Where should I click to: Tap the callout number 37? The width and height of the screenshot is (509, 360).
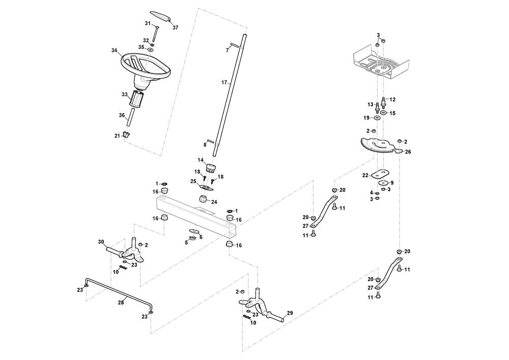(176, 27)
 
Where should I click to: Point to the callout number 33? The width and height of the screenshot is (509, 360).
(124, 94)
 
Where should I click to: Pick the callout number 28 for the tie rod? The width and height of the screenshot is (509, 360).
(121, 302)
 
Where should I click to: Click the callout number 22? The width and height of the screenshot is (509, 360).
(365, 175)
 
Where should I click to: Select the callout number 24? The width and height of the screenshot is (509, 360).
(214, 202)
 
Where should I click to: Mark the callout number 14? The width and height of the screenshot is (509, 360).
(201, 160)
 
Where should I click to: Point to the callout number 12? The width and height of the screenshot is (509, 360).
(392, 99)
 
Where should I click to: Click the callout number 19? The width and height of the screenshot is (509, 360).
(366, 118)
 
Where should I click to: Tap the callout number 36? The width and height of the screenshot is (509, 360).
(122, 115)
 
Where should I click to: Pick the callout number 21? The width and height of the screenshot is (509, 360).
(117, 135)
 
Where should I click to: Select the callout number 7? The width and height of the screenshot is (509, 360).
(228, 50)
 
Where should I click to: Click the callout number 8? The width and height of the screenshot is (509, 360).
(205, 145)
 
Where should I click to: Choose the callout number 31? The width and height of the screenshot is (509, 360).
(148, 24)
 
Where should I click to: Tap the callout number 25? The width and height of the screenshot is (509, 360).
(193, 181)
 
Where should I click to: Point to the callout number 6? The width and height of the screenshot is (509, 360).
(201, 237)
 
